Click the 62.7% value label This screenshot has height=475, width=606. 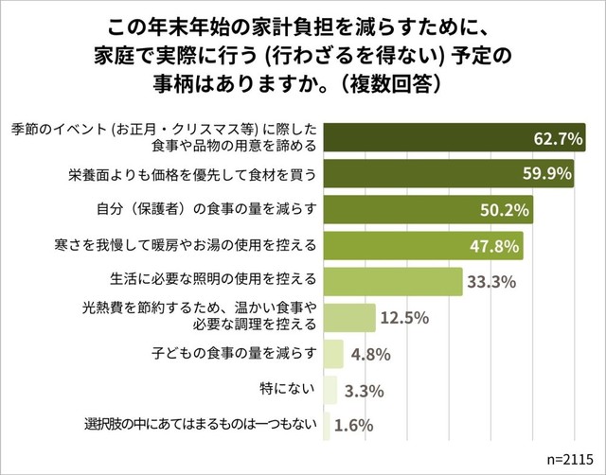pyautogui.click(x=557, y=139)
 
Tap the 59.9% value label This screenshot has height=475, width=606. pyautogui.click(x=549, y=174)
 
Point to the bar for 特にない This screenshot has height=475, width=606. pyautogui.click(x=330, y=389)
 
